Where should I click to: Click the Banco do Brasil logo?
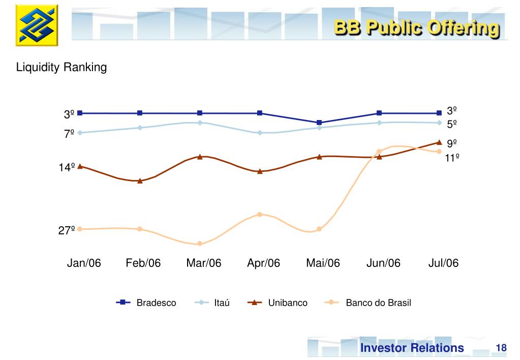click(37, 25)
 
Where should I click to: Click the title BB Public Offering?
click(416, 27)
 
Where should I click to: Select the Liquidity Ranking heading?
click(62, 67)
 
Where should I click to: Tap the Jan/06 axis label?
click(84, 263)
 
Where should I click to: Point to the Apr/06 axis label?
click(263, 263)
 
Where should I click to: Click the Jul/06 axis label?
click(443, 263)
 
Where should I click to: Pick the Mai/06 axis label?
click(323, 263)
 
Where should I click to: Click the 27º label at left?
click(67, 231)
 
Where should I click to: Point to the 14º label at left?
click(67, 167)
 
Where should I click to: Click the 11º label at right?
click(452, 158)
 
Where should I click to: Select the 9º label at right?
click(452, 144)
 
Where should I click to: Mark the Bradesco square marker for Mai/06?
click(319, 123)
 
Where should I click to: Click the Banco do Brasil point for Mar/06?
click(200, 244)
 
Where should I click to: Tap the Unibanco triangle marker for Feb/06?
click(140, 181)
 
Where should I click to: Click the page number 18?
click(501, 348)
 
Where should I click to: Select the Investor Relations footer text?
click(412, 348)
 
